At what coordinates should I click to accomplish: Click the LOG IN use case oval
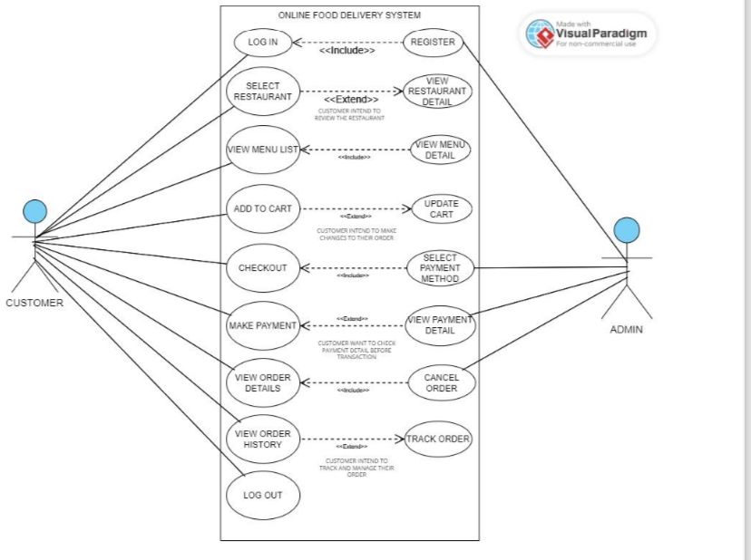pos(262,42)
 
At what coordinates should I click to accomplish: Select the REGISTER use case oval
pos(433,42)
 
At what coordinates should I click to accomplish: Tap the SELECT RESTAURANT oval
pos(262,92)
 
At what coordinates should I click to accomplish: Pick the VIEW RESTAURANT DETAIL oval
pos(438,92)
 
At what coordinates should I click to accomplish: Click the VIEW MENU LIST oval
pos(262,150)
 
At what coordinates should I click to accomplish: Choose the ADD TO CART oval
pos(262,208)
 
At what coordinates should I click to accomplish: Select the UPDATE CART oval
pos(442,208)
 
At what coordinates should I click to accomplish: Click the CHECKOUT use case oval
pos(262,267)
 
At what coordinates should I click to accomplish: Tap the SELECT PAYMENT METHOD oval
pos(440,268)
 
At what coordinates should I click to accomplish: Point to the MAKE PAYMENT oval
pos(262,325)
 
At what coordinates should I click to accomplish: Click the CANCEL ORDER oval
pos(441,383)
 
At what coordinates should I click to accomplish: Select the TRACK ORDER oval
pos(438,439)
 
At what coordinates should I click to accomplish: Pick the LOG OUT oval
pos(262,496)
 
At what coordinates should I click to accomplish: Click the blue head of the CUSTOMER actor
pos(34,211)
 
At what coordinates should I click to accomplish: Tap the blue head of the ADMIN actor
pos(626,230)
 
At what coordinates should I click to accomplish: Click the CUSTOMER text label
pos(34,304)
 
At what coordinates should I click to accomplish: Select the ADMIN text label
pos(626,330)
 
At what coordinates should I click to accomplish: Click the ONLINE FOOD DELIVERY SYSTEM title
pos(349,15)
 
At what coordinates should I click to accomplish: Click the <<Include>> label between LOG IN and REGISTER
pos(346,52)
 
